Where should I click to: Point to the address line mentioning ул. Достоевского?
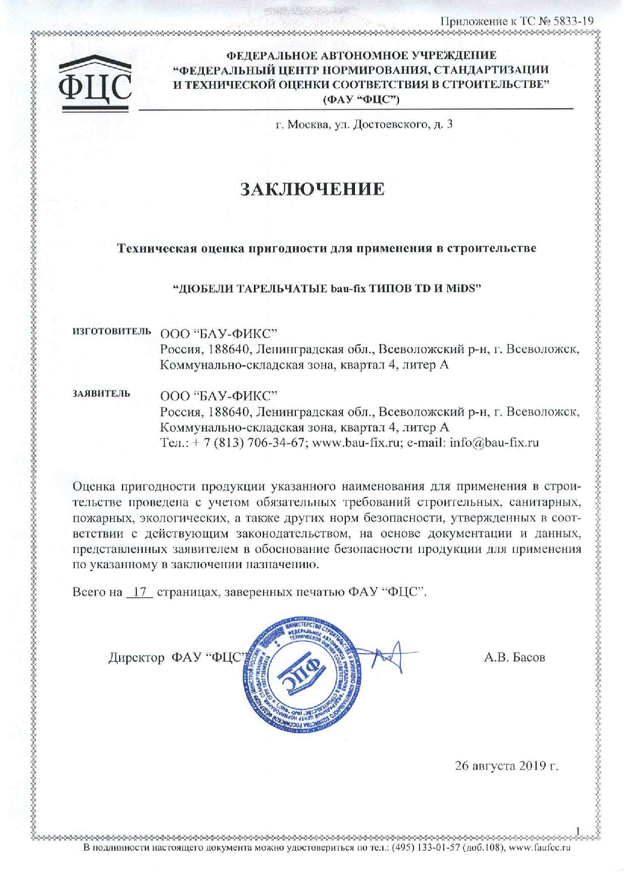[363, 124]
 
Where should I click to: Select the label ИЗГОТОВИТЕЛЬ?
[112, 331]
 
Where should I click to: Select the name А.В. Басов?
[514, 658]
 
